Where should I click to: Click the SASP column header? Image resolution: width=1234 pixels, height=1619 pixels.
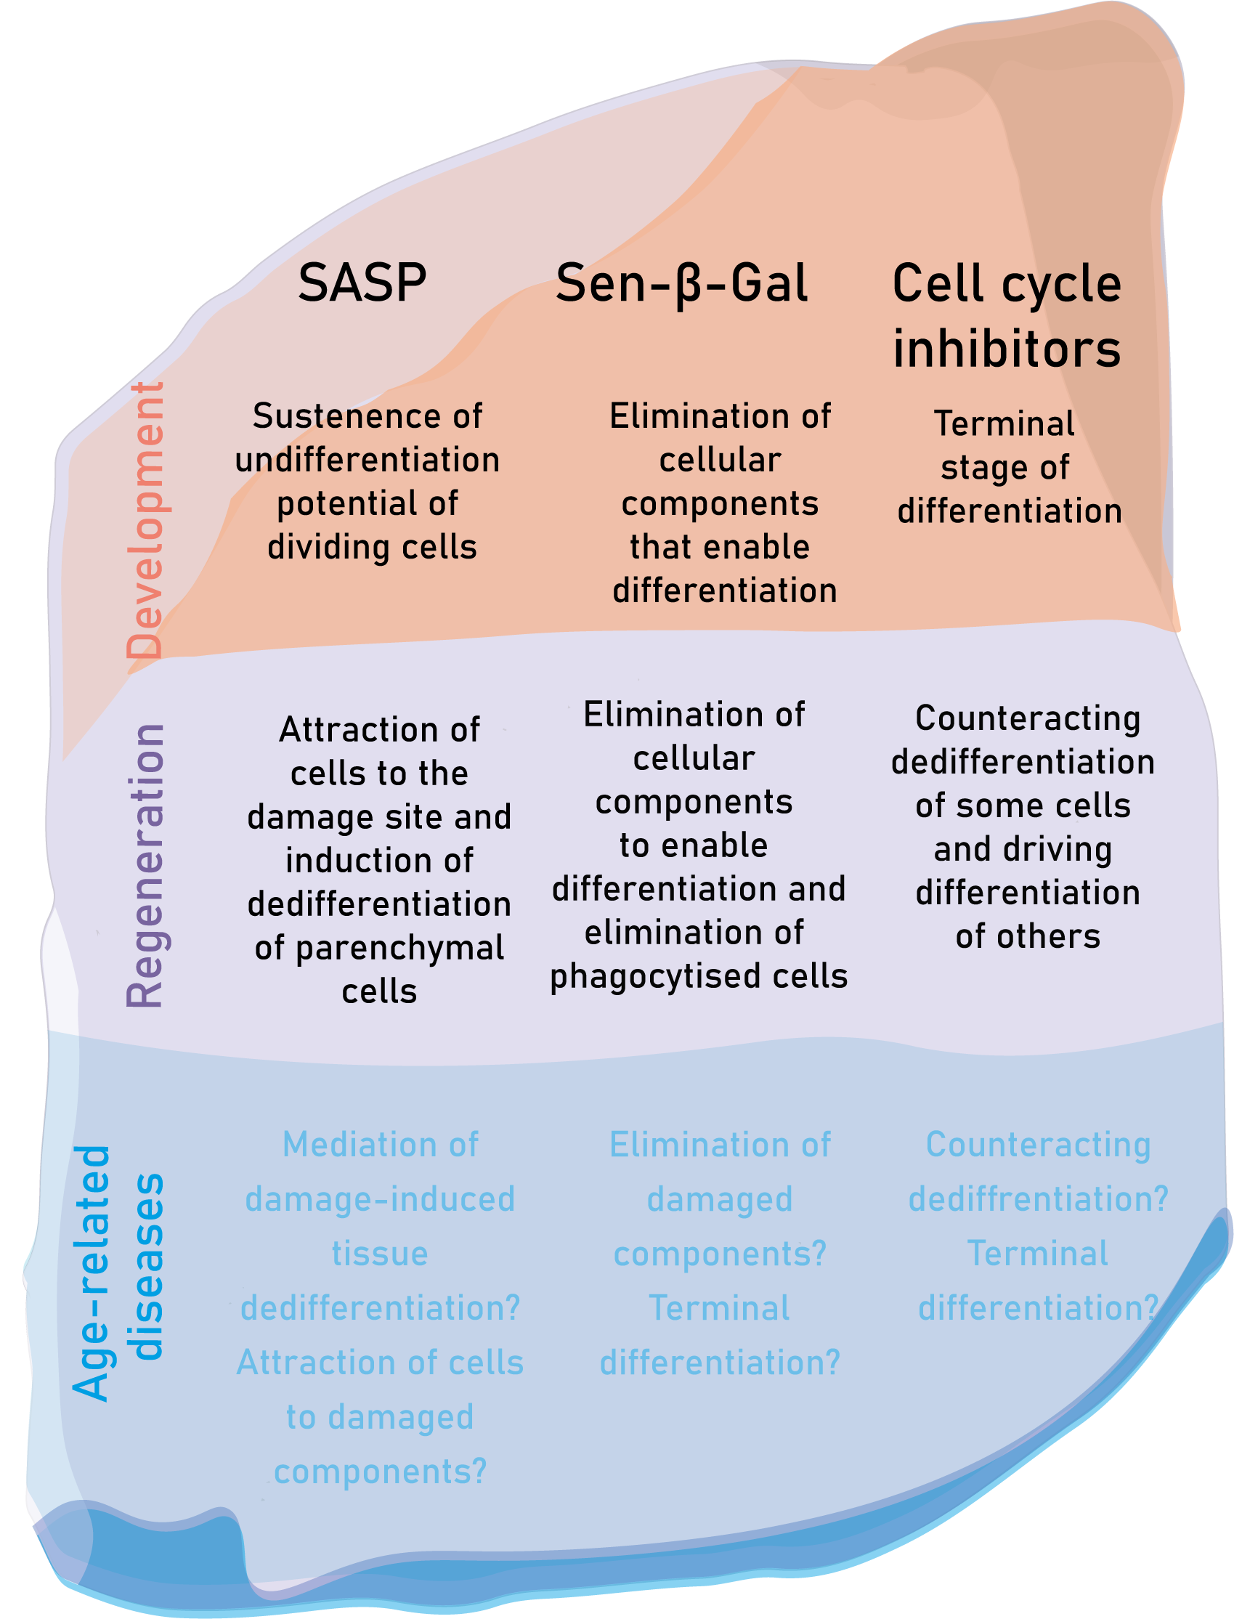(x=362, y=283)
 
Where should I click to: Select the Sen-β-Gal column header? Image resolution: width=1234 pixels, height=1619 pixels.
(x=681, y=284)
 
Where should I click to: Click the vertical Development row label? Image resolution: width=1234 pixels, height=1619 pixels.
(x=145, y=520)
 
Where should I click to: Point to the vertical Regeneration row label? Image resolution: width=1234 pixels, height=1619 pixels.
(x=145, y=865)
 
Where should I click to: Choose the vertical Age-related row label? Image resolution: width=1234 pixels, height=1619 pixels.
(x=92, y=1273)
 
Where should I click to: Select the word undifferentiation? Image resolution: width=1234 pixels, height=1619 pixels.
(x=368, y=460)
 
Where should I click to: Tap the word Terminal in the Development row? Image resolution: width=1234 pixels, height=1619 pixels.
(x=1004, y=424)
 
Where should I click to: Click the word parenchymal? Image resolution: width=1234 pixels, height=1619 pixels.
(x=399, y=949)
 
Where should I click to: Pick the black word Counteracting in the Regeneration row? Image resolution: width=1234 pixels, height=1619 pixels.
(x=1028, y=718)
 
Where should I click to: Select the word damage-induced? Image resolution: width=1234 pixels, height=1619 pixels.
(x=380, y=1199)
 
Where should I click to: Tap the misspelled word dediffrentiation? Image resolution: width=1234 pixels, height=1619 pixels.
(x=1038, y=1199)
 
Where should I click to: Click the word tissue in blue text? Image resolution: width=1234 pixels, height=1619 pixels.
(x=380, y=1253)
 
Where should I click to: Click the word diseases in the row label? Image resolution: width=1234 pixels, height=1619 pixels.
(x=145, y=1267)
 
